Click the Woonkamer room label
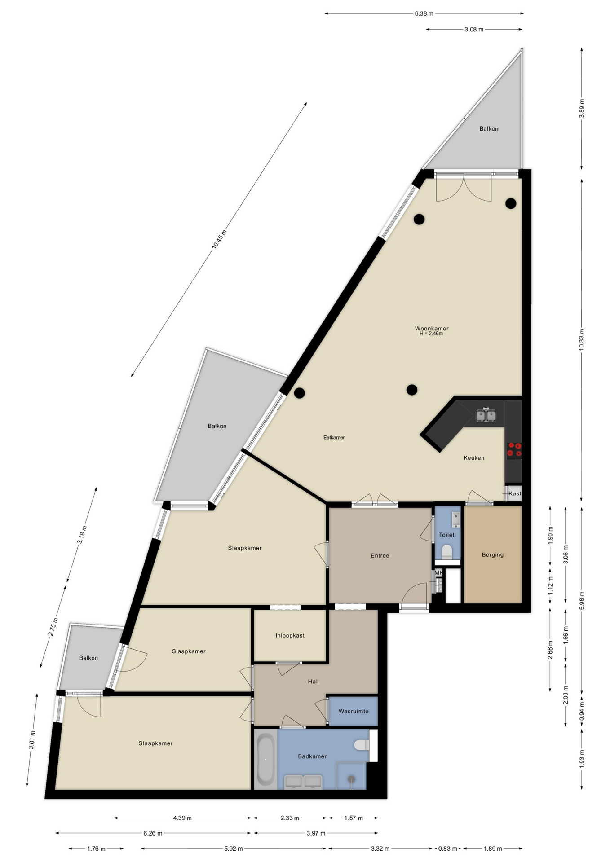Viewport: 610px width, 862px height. point(431,328)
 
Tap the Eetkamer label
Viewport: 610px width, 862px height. point(334,437)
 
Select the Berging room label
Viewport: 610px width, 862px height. point(492,555)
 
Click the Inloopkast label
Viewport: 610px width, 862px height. point(290,636)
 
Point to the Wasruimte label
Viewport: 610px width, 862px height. point(354,712)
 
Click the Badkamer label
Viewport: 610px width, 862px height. point(312,756)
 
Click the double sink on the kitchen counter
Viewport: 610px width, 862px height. point(486,416)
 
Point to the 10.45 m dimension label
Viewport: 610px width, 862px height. point(219,239)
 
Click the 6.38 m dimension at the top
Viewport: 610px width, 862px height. point(424,13)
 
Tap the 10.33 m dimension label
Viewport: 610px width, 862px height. point(582,339)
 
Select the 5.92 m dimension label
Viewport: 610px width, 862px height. point(233,849)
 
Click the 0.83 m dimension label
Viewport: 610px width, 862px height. point(448,849)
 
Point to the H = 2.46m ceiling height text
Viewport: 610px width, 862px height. point(431,334)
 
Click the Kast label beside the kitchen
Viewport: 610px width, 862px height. point(515,493)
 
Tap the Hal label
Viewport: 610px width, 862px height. point(313,682)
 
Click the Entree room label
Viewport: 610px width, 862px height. point(380,556)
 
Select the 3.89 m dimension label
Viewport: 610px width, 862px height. point(582,108)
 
